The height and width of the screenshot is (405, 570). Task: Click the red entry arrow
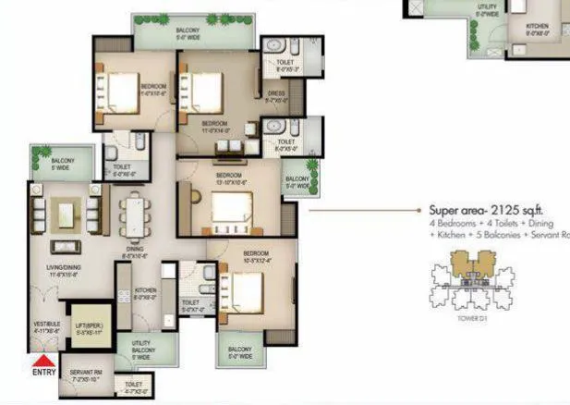(42, 362)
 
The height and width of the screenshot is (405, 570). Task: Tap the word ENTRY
(42, 374)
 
